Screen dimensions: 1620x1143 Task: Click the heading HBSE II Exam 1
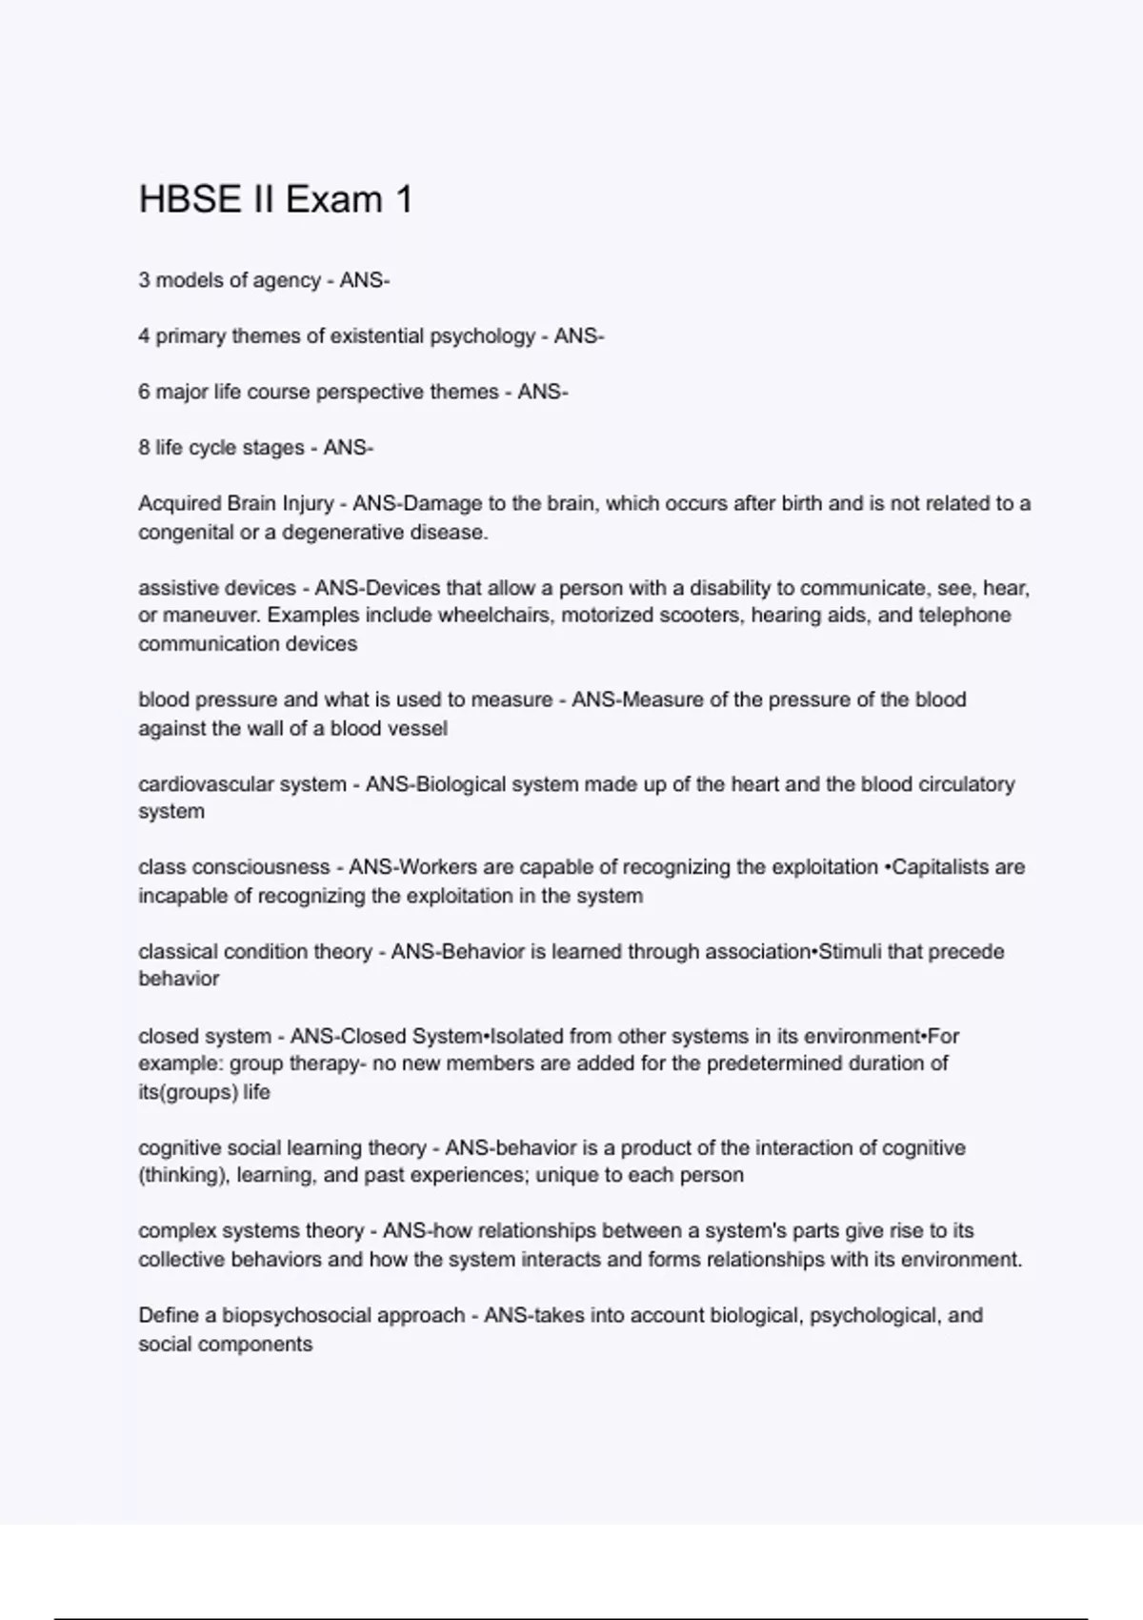coord(275,199)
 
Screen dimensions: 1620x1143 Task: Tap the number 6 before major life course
coord(144,392)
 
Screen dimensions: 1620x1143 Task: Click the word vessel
coord(417,728)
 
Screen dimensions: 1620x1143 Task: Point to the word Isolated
coord(529,1036)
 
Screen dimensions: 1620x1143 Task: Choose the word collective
coord(180,1259)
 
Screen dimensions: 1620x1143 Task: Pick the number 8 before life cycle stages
coord(144,448)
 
